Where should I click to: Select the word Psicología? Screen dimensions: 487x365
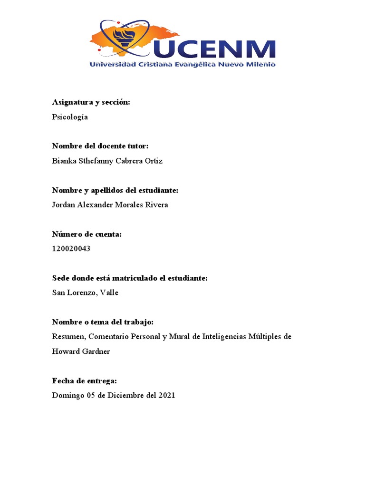pyautogui.click(x=70, y=117)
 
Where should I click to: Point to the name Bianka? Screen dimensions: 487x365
pyautogui.click(x=64, y=161)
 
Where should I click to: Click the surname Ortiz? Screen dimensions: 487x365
pyautogui.click(x=153, y=161)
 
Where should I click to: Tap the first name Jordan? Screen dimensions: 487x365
pyautogui.click(x=64, y=205)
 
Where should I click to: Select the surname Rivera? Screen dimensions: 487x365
pyautogui.click(x=156, y=205)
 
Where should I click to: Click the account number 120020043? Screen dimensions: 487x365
pyautogui.click(x=71, y=248)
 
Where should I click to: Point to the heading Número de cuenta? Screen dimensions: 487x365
pyautogui.click(x=87, y=234)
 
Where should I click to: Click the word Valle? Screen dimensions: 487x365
pyautogui.click(x=109, y=292)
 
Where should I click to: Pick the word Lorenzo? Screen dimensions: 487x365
pyautogui.click(x=81, y=292)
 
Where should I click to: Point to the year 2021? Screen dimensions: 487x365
pyautogui.click(x=166, y=395)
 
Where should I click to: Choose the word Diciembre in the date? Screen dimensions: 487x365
pyautogui.click(x=125, y=395)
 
